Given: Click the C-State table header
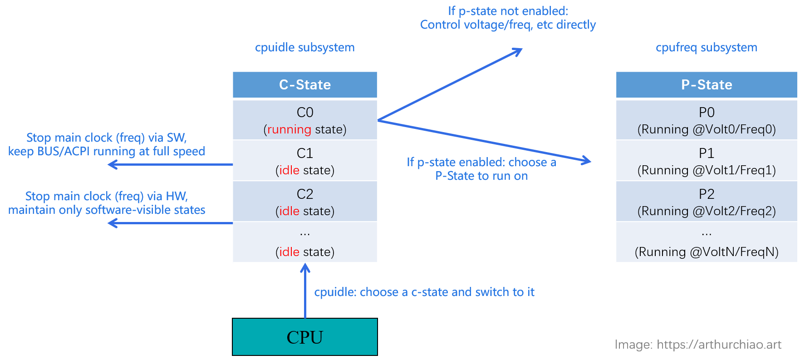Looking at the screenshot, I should pyautogui.click(x=305, y=85).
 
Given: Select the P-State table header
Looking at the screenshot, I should pyautogui.click(x=707, y=85).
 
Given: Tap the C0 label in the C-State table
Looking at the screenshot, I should pyautogui.click(x=305, y=112).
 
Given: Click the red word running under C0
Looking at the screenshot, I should pyautogui.click(x=289, y=130).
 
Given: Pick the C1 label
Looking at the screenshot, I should pyautogui.click(x=305, y=153).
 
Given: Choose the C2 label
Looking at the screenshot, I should pyautogui.click(x=305, y=194).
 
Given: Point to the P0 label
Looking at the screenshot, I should pyautogui.click(x=707, y=112).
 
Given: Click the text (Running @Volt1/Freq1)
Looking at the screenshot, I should pyautogui.click(x=707, y=170).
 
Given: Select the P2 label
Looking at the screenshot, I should pyautogui.click(x=707, y=194).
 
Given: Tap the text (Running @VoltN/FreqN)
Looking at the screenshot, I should pyautogui.click(x=707, y=252).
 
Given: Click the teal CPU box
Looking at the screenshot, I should pyautogui.click(x=305, y=337).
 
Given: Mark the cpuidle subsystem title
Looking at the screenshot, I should pyautogui.click(x=305, y=48).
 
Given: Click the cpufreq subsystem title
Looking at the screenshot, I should pyautogui.click(x=707, y=48).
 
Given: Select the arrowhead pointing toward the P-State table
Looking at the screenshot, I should pyautogui.click(x=587, y=160).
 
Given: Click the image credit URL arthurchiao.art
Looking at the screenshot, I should pyautogui.click(x=719, y=345).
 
